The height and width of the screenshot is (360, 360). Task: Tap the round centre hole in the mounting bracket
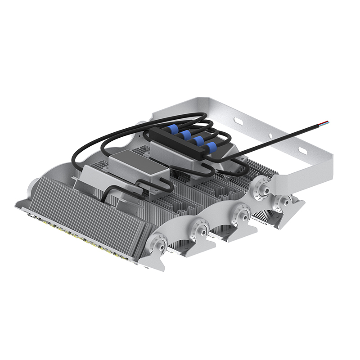270,135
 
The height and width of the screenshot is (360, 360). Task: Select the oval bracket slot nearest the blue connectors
238,121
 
